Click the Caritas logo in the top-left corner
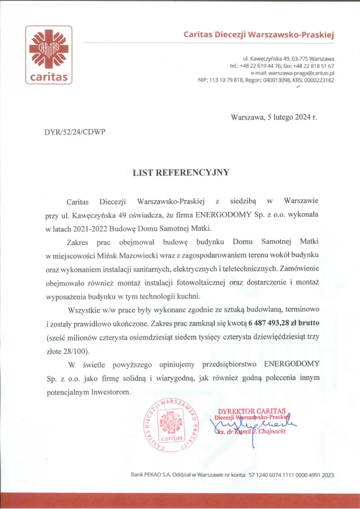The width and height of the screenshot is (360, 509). click(49, 54)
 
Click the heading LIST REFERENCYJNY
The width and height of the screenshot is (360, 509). click(181, 172)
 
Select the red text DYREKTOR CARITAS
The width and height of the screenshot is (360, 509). click(252, 411)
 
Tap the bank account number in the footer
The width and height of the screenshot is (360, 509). click(291, 474)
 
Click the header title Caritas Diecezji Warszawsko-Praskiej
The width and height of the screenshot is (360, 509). click(259, 35)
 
